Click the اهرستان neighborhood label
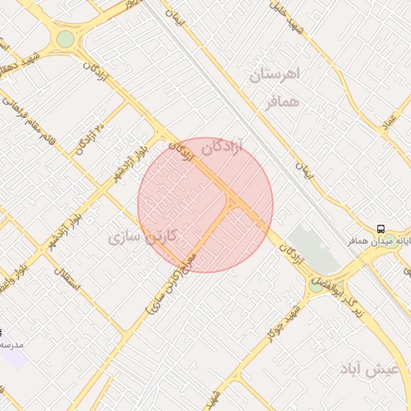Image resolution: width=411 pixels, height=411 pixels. click(x=275, y=75)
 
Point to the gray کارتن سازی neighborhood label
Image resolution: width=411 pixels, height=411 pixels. click(x=136, y=237)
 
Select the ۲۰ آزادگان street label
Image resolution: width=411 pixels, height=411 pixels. click(x=91, y=135)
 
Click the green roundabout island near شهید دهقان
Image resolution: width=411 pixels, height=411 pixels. click(x=65, y=39)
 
